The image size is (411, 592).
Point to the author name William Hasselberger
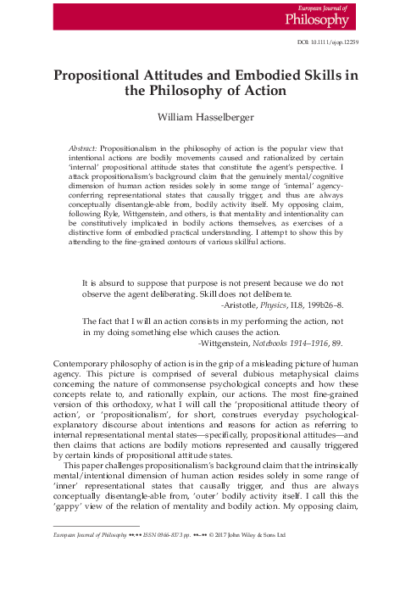click(205, 115)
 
